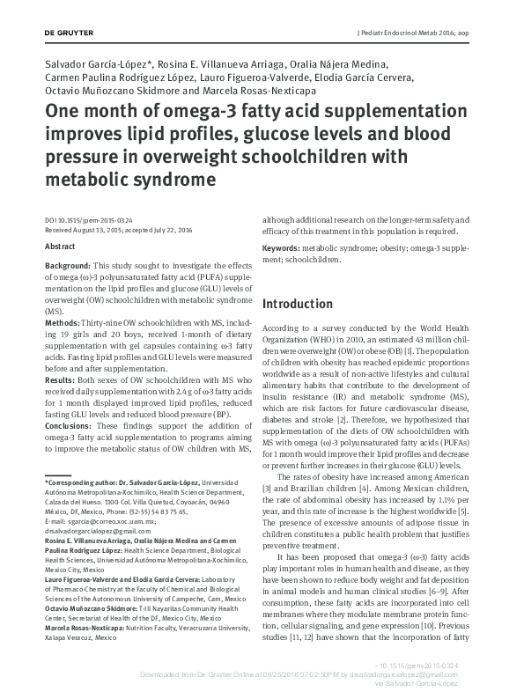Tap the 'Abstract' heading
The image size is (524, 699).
click(x=60, y=246)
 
